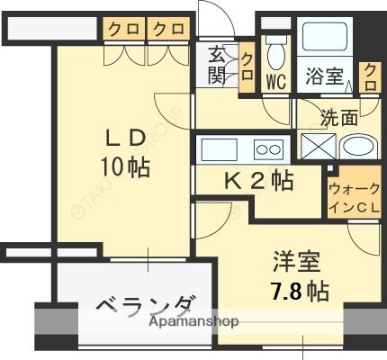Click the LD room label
click(x=125, y=139)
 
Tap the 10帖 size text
click(x=125, y=166)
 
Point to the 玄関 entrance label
click(x=218, y=66)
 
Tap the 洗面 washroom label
click(x=340, y=117)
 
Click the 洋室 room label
click(x=296, y=264)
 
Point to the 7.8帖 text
click(x=298, y=291)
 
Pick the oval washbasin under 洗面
click(x=359, y=148)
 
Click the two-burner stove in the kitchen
click(x=268, y=148)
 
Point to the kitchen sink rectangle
click(x=220, y=148)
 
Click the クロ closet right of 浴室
click(x=369, y=76)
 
